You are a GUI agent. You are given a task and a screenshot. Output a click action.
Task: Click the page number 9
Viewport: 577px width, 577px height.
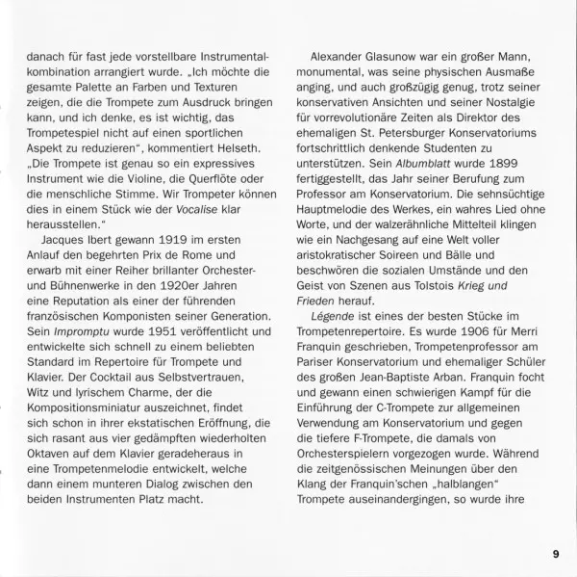[555, 553]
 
